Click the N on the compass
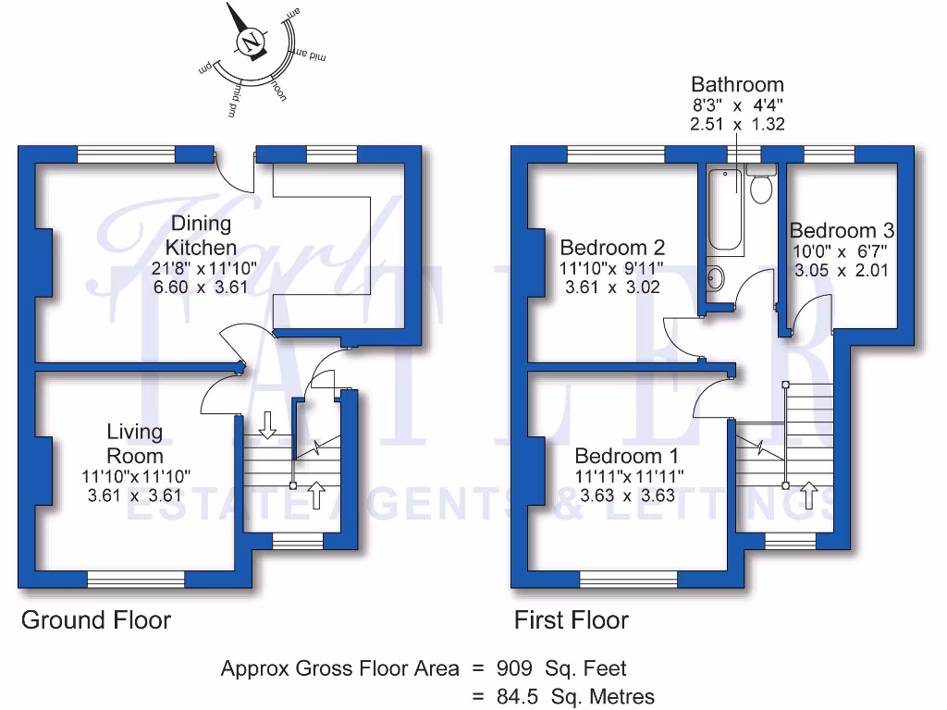point(251,43)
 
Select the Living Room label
point(135,444)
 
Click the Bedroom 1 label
point(626,456)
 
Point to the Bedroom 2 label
point(612,248)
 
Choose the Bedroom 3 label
point(842,230)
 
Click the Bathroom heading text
point(737,85)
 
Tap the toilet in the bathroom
point(761,188)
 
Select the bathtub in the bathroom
point(724,210)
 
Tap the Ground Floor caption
point(96,619)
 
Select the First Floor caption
point(572,620)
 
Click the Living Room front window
point(137,581)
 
